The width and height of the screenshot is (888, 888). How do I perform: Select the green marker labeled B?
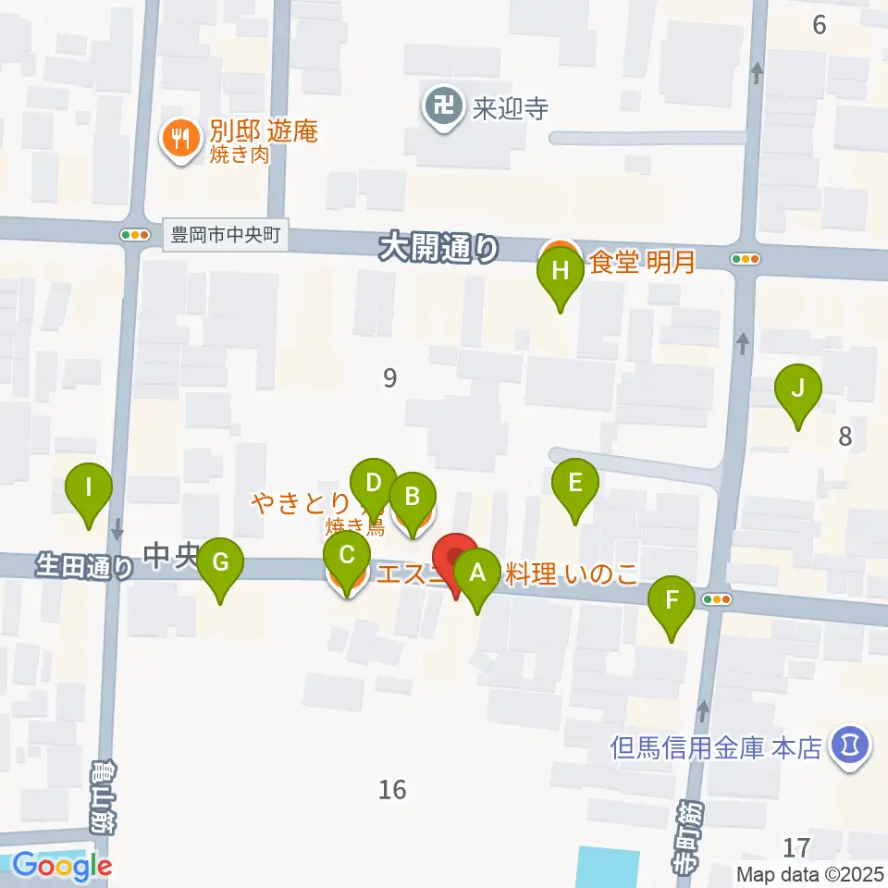point(412,495)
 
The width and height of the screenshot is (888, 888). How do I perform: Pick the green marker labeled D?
point(374,483)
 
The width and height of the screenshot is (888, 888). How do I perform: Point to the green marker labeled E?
point(574,483)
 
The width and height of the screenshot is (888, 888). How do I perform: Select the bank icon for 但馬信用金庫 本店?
point(848,744)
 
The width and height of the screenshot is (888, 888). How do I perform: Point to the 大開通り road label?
point(438,248)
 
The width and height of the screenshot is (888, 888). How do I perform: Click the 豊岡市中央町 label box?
point(226,235)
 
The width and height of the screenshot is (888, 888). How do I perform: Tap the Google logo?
point(61,867)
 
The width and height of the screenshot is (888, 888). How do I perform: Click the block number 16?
point(392,789)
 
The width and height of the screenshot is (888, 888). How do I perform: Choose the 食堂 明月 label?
point(642,264)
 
